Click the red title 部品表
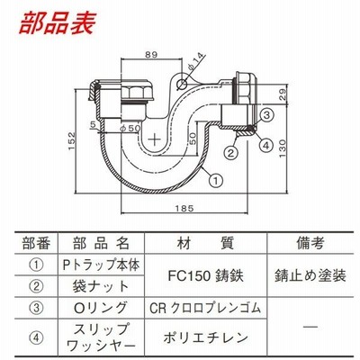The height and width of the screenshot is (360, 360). (x=58, y=23)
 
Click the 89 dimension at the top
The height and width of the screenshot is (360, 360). (x=151, y=55)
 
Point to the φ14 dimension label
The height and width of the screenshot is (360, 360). (x=196, y=61)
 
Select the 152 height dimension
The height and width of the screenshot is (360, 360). (x=72, y=141)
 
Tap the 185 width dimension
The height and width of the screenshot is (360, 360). (x=184, y=208)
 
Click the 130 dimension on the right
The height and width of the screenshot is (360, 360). (x=283, y=149)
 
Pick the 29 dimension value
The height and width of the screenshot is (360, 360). (x=283, y=95)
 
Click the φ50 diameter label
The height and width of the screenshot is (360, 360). (x=130, y=128)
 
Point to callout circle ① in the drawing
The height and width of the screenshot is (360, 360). (x=216, y=181)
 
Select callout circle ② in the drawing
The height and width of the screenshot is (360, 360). (x=230, y=153)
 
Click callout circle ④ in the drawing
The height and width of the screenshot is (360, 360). (x=265, y=145)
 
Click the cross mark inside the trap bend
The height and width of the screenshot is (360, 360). (x=155, y=139)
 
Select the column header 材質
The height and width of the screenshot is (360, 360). (x=205, y=243)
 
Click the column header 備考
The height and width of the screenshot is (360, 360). (x=310, y=243)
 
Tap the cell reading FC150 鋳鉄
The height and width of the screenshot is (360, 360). (x=205, y=276)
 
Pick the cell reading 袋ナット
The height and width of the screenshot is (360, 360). (x=101, y=286)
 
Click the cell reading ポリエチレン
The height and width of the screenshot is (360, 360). (x=205, y=337)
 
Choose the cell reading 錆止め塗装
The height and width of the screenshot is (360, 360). (x=310, y=276)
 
